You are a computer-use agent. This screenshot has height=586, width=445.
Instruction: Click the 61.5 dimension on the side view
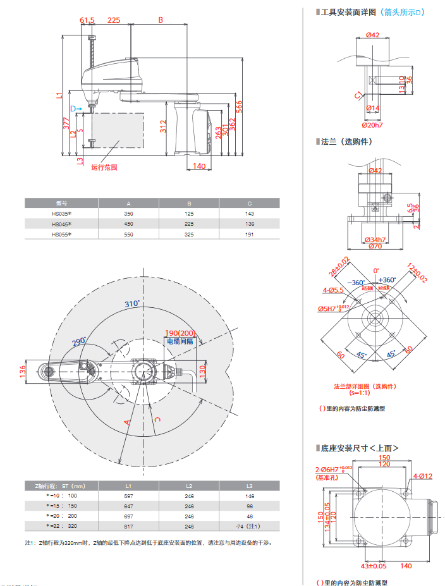pyautogui.click(x=87, y=20)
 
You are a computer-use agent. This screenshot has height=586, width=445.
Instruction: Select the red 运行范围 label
pyautogui.click(x=104, y=168)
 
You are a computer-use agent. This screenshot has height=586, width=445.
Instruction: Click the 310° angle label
pyautogui.click(x=131, y=304)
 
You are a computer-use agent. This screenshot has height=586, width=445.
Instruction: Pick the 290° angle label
pyautogui.click(x=79, y=342)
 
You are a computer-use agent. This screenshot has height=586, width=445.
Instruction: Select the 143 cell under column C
pyautogui.click(x=249, y=214)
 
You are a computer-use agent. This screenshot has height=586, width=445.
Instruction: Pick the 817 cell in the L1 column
pyautogui.click(x=128, y=525)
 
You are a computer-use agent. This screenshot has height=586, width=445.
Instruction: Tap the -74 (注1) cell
pyautogui.click(x=249, y=525)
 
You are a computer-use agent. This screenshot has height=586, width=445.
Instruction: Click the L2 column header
pyautogui.click(x=188, y=485)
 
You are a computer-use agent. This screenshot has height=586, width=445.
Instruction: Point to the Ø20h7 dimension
pyautogui.click(x=374, y=125)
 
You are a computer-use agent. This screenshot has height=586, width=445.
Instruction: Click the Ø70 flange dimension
pyautogui.click(x=375, y=247)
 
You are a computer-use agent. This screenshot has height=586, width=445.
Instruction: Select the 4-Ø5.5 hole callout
pyautogui.click(x=332, y=290)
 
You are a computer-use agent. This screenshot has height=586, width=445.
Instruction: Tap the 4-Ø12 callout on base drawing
pyautogui.click(x=423, y=476)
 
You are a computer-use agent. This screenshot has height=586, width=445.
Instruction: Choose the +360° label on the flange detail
pyautogui.click(x=387, y=279)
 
